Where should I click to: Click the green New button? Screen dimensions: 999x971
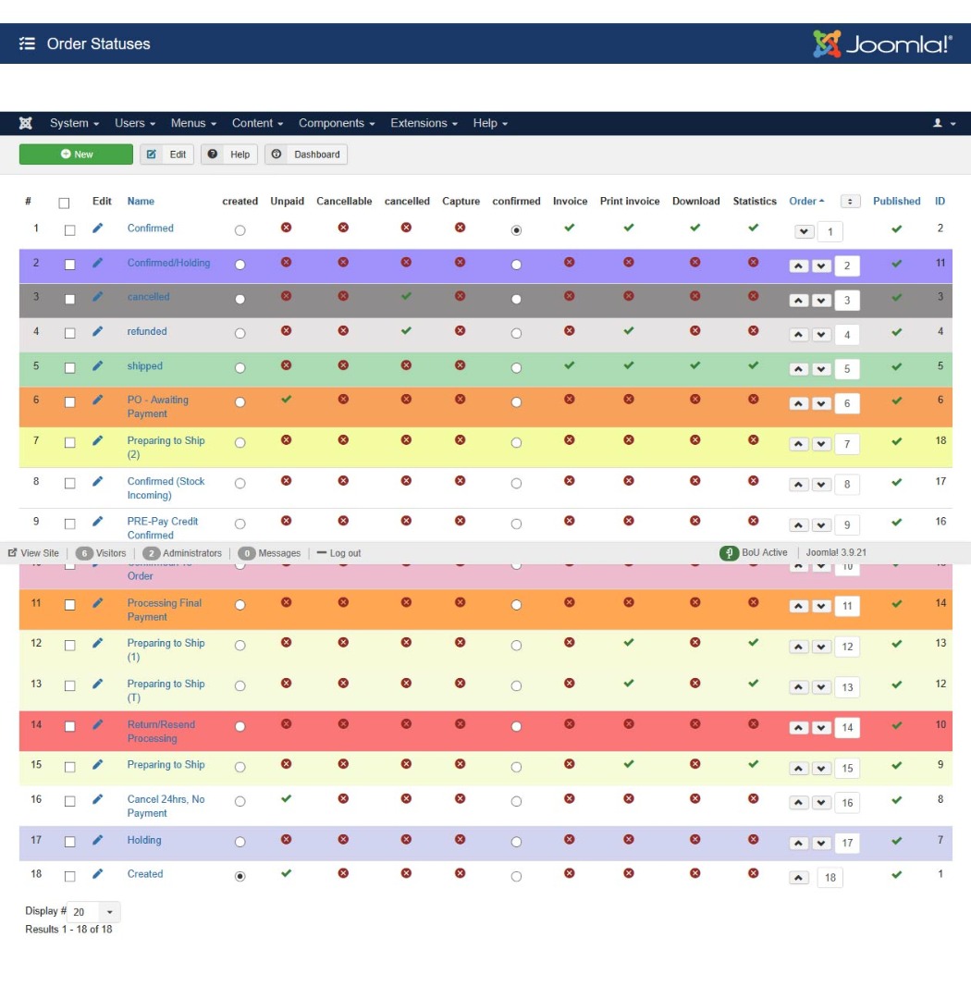pos(76,154)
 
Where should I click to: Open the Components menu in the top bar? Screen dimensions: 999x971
pos(337,123)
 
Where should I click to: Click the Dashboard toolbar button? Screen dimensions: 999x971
pos(306,154)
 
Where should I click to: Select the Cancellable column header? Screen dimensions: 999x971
pos(344,201)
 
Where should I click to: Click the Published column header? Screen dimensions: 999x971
pos(896,201)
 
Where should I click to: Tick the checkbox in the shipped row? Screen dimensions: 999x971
pos(69,367)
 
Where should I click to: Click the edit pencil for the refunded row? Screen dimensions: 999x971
pos(98,331)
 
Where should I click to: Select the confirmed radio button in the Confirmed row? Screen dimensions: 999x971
pos(516,230)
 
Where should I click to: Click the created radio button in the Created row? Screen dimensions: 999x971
pos(240,876)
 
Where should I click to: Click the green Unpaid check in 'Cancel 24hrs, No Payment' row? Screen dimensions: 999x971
pos(286,798)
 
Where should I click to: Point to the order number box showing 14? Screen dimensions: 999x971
pos(847,728)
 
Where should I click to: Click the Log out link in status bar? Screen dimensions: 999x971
pos(338,553)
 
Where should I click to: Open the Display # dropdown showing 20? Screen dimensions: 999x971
pos(94,912)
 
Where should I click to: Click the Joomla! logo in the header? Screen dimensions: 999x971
pos(881,43)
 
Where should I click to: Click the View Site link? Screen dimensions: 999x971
pos(33,553)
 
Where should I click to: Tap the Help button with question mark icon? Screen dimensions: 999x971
pos(229,154)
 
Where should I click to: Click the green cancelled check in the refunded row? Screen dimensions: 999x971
pos(407,330)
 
